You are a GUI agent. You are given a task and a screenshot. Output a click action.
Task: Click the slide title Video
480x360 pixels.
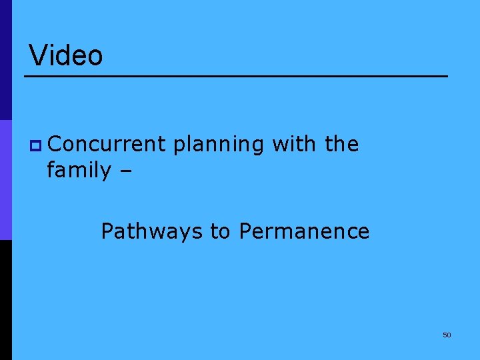[x=66, y=55]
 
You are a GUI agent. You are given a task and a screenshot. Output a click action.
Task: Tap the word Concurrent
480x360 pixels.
[x=106, y=144]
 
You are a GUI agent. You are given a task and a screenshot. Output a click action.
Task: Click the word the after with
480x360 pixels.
[x=342, y=144]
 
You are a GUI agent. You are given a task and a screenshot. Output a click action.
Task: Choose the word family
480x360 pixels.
[x=79, y=171]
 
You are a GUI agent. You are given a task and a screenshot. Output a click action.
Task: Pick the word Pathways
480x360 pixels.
[x=152, y=231]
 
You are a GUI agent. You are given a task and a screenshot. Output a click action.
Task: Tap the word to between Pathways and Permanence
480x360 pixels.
[x=220, y=231]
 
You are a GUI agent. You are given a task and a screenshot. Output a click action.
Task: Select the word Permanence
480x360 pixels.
[x=304, y=231]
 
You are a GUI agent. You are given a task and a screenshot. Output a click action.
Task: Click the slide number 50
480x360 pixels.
[x=447, y=335]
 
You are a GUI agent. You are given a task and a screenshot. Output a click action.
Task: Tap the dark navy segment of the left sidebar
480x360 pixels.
[x=5, y=60]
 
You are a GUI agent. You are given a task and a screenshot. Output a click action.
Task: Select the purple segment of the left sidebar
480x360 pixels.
[x=5, y=180]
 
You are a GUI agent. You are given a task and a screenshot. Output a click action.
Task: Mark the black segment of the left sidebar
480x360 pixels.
[x=5, y=300]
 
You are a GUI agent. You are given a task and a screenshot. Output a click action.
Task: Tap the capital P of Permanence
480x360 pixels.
[x=244, y=231]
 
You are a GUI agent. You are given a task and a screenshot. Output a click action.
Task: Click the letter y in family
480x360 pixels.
[x=105, y=172]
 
